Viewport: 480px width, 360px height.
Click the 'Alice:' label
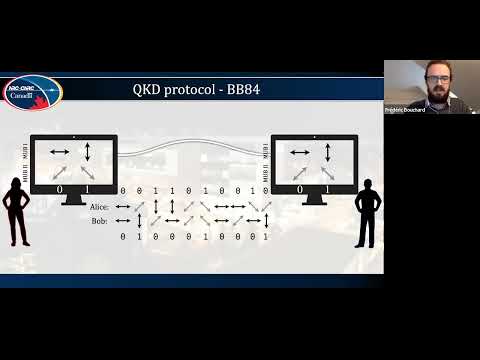tap(98, 207)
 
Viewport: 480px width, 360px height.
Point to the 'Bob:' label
tap(100, 220)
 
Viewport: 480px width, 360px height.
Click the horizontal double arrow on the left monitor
tap(60, 151)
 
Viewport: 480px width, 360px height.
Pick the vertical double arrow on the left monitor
tap(88, 151)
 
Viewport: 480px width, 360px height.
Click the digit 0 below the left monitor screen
tap(59, 189)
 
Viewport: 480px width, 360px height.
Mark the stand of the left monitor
tap(74, 200)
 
